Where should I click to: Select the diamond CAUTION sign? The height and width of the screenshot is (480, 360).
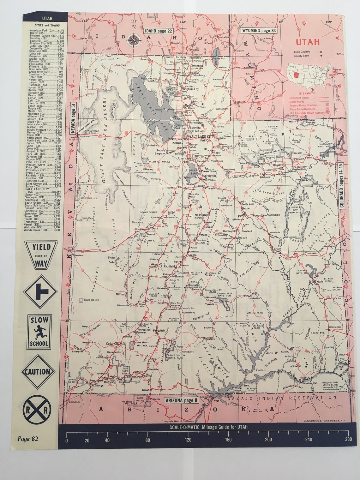click(38, 372)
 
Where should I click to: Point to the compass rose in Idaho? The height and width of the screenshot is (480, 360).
click(134, 40)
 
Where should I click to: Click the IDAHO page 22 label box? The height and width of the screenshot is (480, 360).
click(159, 31)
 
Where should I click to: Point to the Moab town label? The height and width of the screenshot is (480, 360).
click(319, 281)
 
